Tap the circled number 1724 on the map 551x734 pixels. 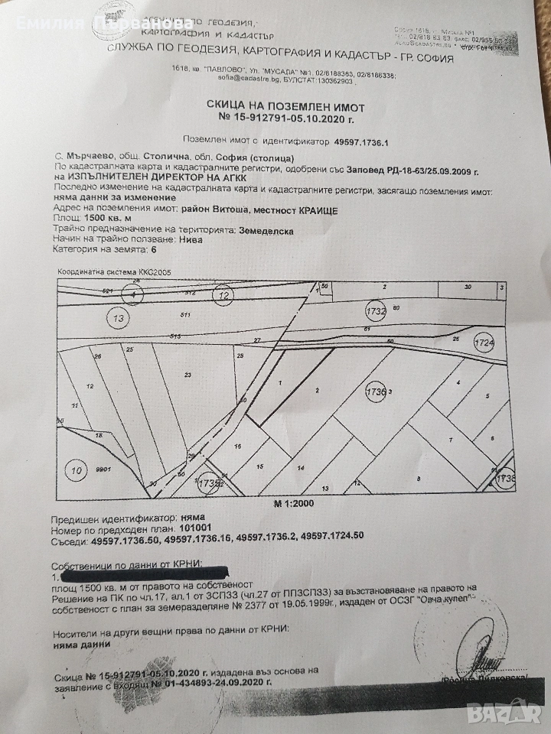tap(484, 342)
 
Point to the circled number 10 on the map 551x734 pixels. tap(74, 468)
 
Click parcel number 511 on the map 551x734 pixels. tap(184, 314)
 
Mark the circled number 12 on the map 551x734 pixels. tap(223, 294)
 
